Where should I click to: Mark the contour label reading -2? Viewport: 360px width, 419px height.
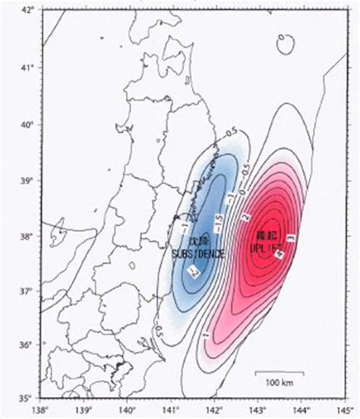[194, 271]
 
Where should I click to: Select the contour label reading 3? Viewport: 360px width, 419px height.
[290, 240]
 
